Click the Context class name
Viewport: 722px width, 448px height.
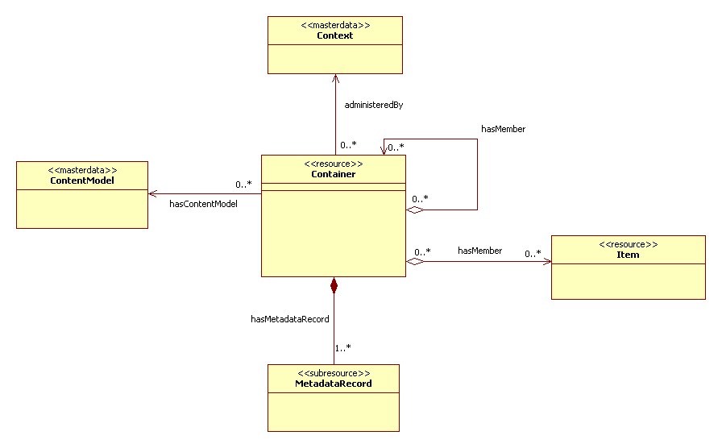(x=334, y=35)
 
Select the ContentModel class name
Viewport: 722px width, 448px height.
(x=81, y=180)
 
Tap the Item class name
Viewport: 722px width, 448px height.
(x=628, y=255)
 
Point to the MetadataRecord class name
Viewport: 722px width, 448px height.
(x=334, y=384)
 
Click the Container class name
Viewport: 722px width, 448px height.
(x=333, y=174)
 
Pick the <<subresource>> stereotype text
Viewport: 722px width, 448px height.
(x=334, y=373)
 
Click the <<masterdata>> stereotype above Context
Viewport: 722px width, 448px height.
(x=334, y=25)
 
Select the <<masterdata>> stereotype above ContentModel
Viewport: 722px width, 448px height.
(x=81, y=170)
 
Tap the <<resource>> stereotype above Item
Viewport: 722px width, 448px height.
(x=628, y=244)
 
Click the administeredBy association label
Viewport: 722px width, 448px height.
(x=373, y=105)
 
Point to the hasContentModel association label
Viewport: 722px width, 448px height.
(x=203, y=204)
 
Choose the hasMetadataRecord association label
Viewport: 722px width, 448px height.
(x=290, y=319)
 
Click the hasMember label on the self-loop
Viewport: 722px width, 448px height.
(x=503, y=128)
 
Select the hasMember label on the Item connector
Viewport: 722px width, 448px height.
(x=479, y=251)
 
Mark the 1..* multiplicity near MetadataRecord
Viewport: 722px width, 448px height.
(x=342, y=348)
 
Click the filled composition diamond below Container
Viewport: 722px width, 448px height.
(x=334, y=284)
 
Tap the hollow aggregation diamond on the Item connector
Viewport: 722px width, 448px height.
(x=415, y=261)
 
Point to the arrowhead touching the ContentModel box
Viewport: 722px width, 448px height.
(x=152, y=193)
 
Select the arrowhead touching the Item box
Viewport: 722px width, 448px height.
(x=546, y=261)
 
